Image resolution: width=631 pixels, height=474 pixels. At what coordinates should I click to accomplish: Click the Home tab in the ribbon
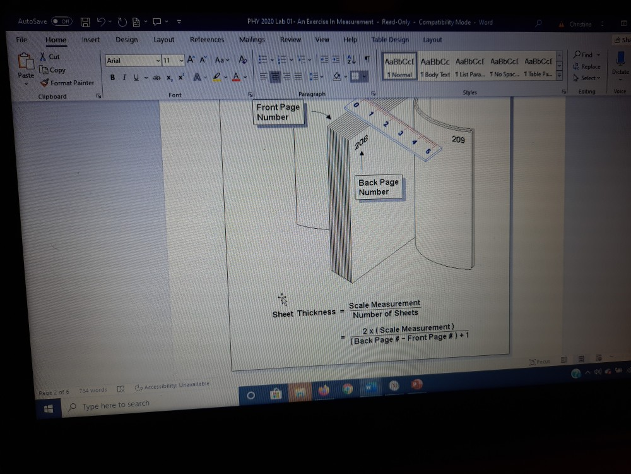[x=56, y=40]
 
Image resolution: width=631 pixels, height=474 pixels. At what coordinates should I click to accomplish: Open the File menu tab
[x=21, y=39]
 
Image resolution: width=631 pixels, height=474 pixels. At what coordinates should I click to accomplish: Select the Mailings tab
[x=252, y=39]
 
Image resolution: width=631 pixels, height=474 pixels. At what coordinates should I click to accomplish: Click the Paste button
[x=26, y=66]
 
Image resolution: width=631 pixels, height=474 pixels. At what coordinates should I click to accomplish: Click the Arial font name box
[x=131, y=61]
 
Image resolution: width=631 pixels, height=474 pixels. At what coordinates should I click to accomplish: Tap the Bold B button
[x=112, y=77]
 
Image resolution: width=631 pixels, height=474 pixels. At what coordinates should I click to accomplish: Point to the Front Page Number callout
[x=278, y=112]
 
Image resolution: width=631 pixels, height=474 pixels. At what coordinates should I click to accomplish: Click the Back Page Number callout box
[x=379, y=187]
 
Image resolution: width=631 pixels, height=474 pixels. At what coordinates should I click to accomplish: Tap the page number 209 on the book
[x=459, y=140]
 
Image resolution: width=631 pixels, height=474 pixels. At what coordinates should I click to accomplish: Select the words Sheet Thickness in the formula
[x=304, y=313]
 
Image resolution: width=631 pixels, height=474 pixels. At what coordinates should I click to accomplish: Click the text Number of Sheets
[x=385, y=313]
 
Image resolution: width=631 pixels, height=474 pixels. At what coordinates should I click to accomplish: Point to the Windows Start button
[x=49, y=408]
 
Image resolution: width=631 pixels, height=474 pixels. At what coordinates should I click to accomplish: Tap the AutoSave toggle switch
[x=61, y=21]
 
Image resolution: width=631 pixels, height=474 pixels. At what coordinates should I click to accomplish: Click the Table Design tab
[x=390, y=39]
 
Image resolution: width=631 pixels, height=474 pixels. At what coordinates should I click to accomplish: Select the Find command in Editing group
[x=586, y=55]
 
